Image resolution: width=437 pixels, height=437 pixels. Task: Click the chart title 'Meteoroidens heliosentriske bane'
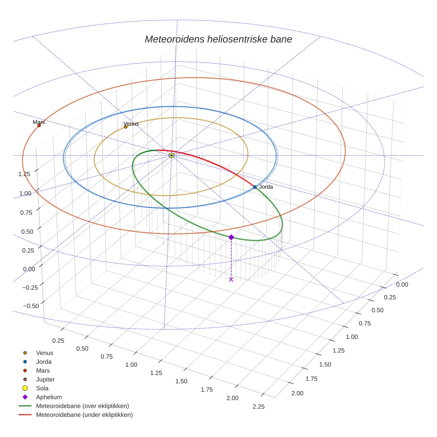pos(218,39)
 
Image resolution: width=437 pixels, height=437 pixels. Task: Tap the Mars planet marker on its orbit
pos(39,126)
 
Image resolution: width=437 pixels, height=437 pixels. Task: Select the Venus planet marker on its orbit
pos(126,127)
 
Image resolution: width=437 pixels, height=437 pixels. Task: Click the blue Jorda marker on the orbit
pos(255,187)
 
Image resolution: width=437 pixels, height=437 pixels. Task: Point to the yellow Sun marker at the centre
pos(171,155)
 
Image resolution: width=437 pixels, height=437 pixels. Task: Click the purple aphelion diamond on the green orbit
pos(231,237)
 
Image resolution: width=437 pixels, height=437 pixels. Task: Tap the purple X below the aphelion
pos(231,279)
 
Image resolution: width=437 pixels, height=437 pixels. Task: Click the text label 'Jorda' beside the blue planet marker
pos(266,187)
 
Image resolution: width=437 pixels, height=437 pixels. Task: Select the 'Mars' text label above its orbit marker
pos(39,122)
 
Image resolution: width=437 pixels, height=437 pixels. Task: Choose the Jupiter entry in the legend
pos(45,379)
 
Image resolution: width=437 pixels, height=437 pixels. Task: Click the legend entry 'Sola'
pos(42,388)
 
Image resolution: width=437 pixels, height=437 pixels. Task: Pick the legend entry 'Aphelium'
pos(49,397)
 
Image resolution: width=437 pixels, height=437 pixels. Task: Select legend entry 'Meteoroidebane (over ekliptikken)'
pos(82,406)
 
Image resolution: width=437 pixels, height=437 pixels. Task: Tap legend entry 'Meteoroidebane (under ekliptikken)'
pos(84,415)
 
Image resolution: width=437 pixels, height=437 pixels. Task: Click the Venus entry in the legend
pos(44,353)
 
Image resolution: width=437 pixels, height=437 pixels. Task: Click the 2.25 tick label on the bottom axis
pos(258,406)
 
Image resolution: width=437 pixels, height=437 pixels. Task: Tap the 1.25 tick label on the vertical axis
pos(24,174)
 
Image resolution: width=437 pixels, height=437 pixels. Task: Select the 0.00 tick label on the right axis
pos(402,285)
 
